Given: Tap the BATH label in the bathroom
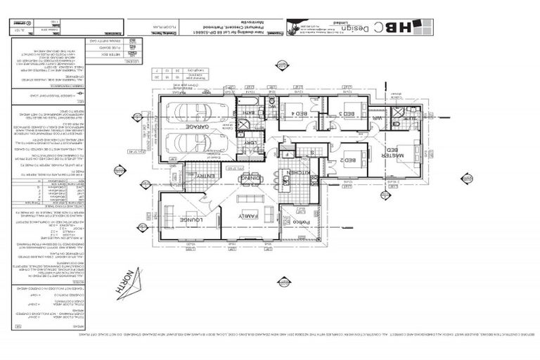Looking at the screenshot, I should (x=250, y=112).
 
